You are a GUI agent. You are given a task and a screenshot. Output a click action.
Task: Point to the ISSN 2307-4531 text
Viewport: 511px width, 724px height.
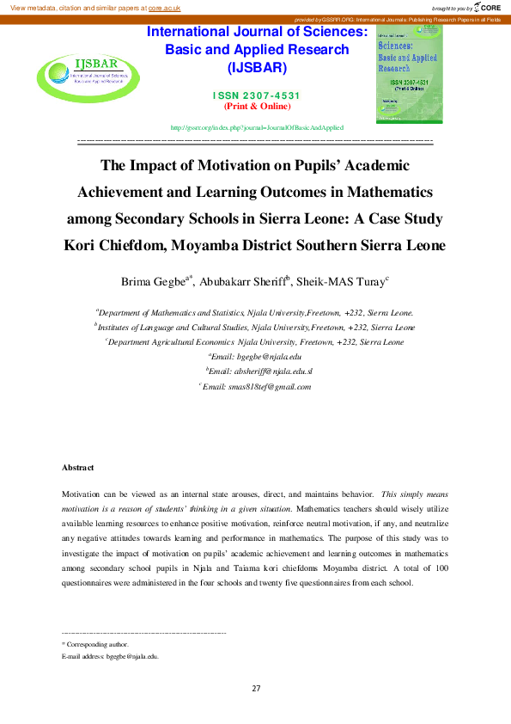pos(257,95)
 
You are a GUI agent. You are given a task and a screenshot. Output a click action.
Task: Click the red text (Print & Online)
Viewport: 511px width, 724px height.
pos(257,106)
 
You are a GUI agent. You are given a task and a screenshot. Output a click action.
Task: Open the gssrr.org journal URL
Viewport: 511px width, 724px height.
pos(257,126)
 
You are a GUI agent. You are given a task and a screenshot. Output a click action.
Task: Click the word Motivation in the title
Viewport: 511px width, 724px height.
pos(208,165)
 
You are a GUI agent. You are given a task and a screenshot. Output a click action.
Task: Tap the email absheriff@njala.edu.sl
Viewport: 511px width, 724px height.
pos(270,371)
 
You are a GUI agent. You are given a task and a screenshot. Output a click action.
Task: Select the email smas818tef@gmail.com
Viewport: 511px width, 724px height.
pos(270,386)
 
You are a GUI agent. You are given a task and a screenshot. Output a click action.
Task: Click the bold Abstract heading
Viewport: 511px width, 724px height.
pos(77,468)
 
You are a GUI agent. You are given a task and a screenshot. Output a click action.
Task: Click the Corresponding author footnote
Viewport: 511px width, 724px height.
pos(97,644)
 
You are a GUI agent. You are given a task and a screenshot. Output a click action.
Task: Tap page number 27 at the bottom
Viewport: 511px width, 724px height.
pos(256,688)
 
